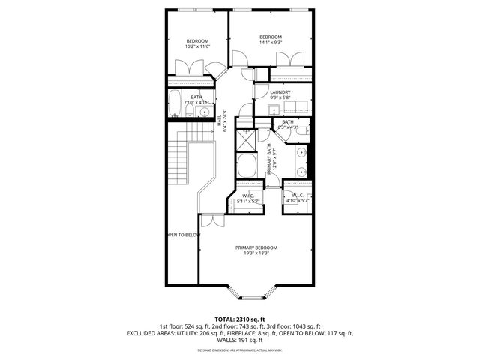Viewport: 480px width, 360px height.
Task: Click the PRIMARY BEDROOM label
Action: coord(256,247)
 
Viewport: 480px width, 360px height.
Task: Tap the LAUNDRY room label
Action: coord(280,92)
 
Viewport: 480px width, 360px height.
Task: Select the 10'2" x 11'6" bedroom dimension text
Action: coord(196,46)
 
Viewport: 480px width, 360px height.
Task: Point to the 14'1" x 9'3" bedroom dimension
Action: coord(270,43)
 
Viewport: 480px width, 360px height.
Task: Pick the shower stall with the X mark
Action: coord(246,141)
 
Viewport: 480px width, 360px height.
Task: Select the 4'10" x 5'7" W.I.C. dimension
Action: coord(297,201)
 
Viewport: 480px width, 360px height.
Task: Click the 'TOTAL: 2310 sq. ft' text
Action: coord(239,319)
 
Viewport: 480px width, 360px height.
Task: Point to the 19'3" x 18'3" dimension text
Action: coord(256,253)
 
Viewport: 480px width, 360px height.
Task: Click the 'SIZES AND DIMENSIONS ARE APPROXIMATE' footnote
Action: coord(239,350)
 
